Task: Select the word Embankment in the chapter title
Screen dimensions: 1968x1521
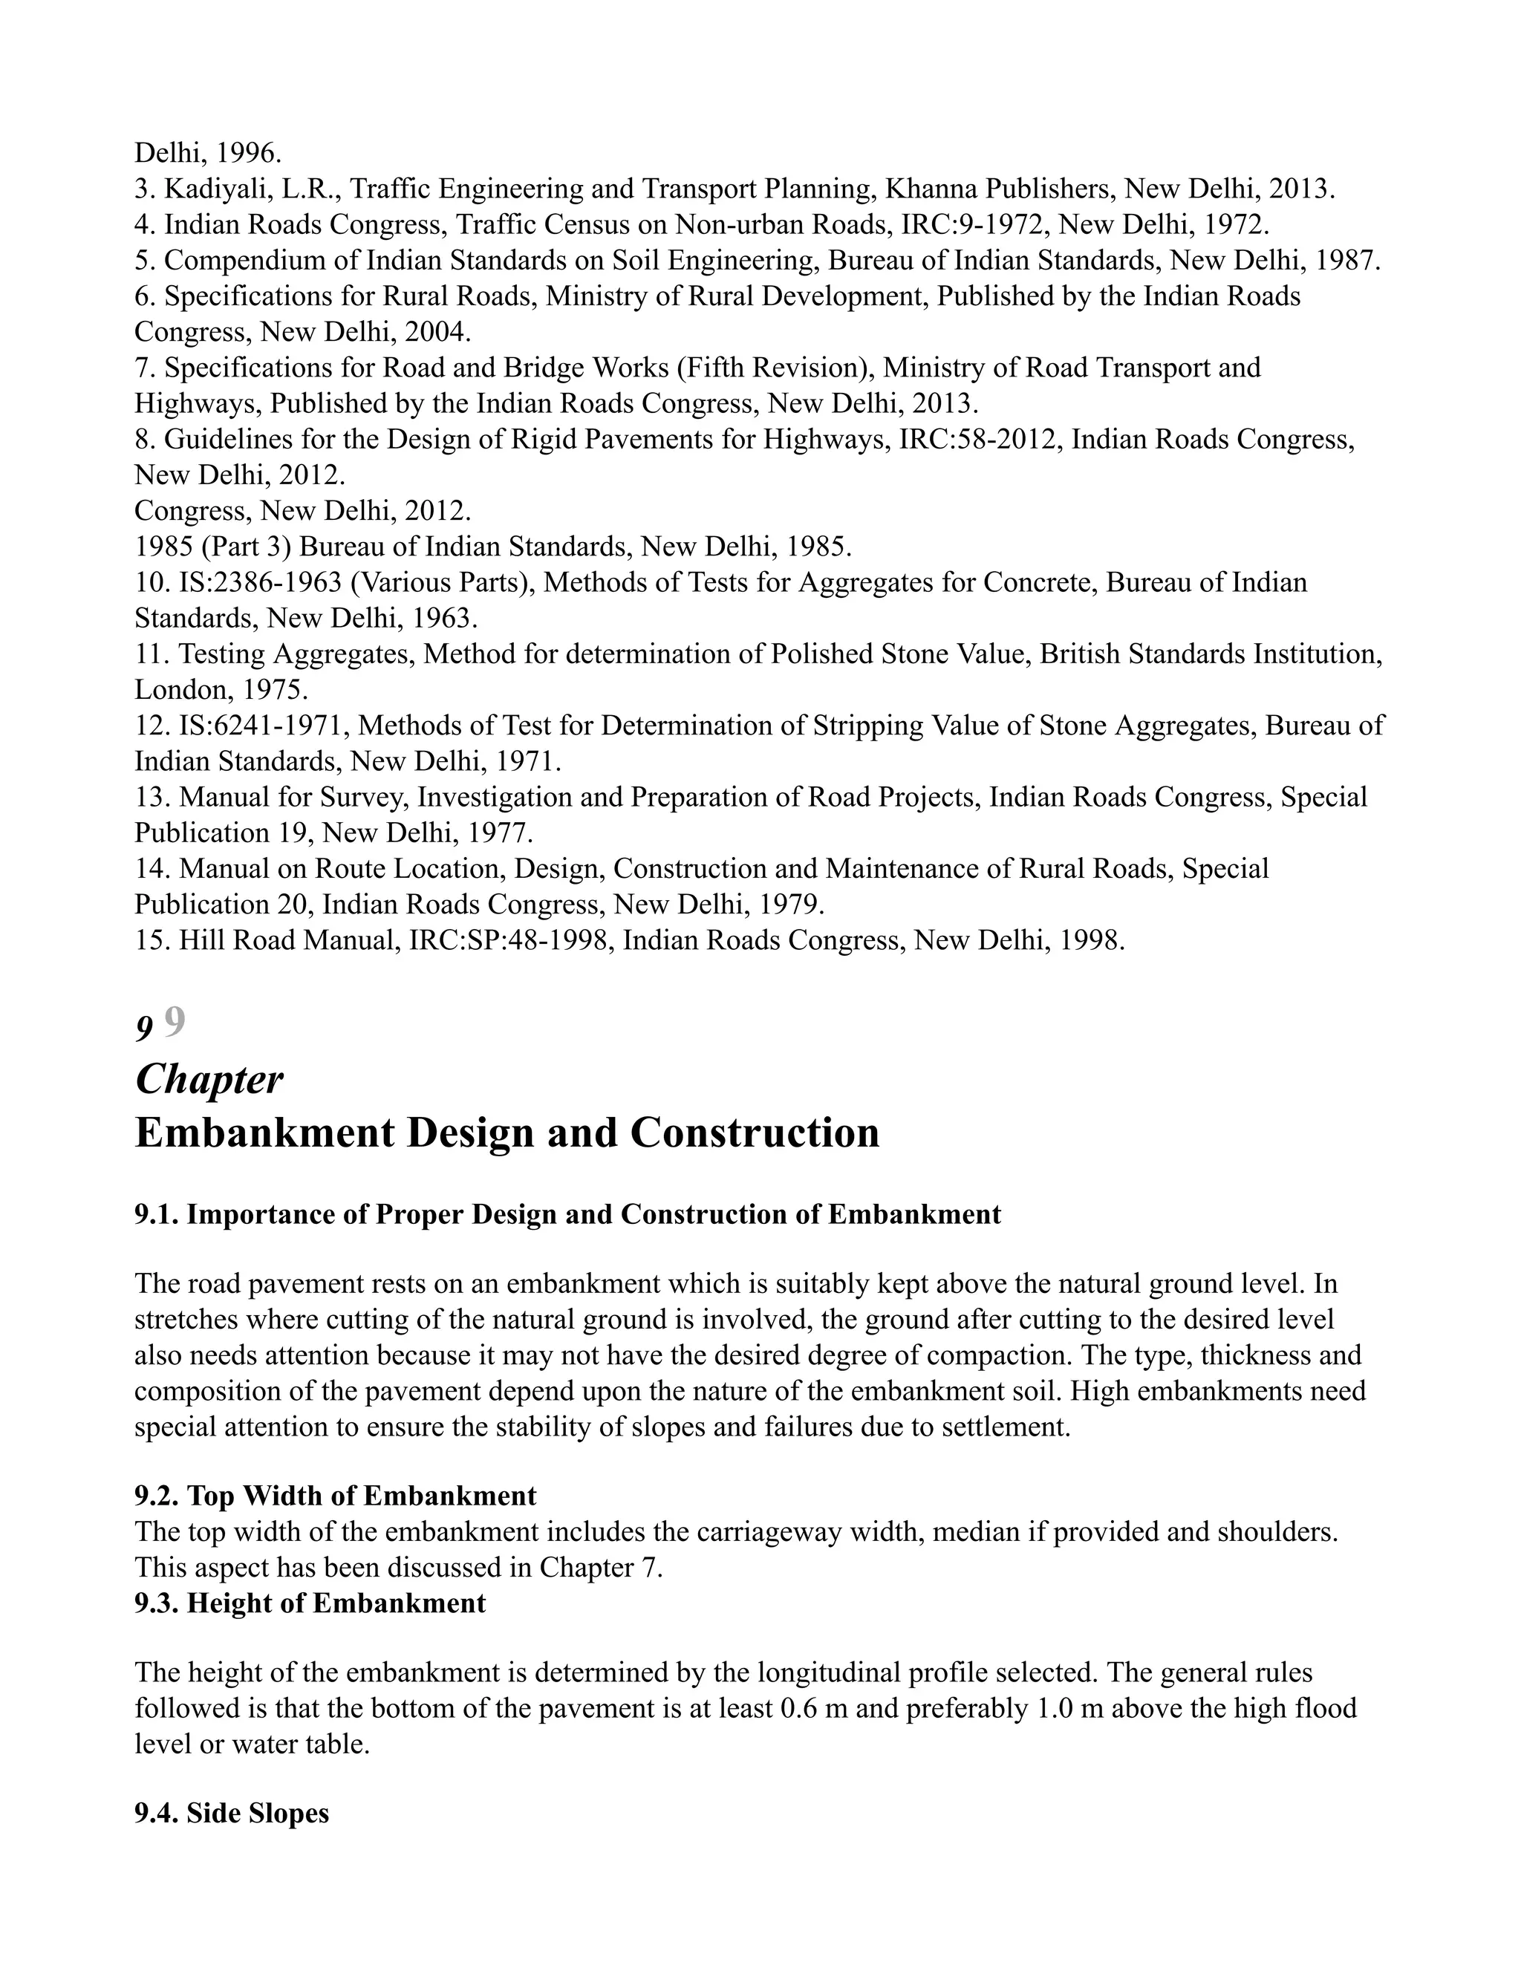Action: (x=265, y=1133)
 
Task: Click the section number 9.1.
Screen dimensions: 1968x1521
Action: (x=156, y=1215)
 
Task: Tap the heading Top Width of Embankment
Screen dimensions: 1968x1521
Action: (x=360, y=1496)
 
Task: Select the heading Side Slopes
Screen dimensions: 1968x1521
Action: (x=257, y=1813)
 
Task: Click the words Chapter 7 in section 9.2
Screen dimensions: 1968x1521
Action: (x=599, y=1568)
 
